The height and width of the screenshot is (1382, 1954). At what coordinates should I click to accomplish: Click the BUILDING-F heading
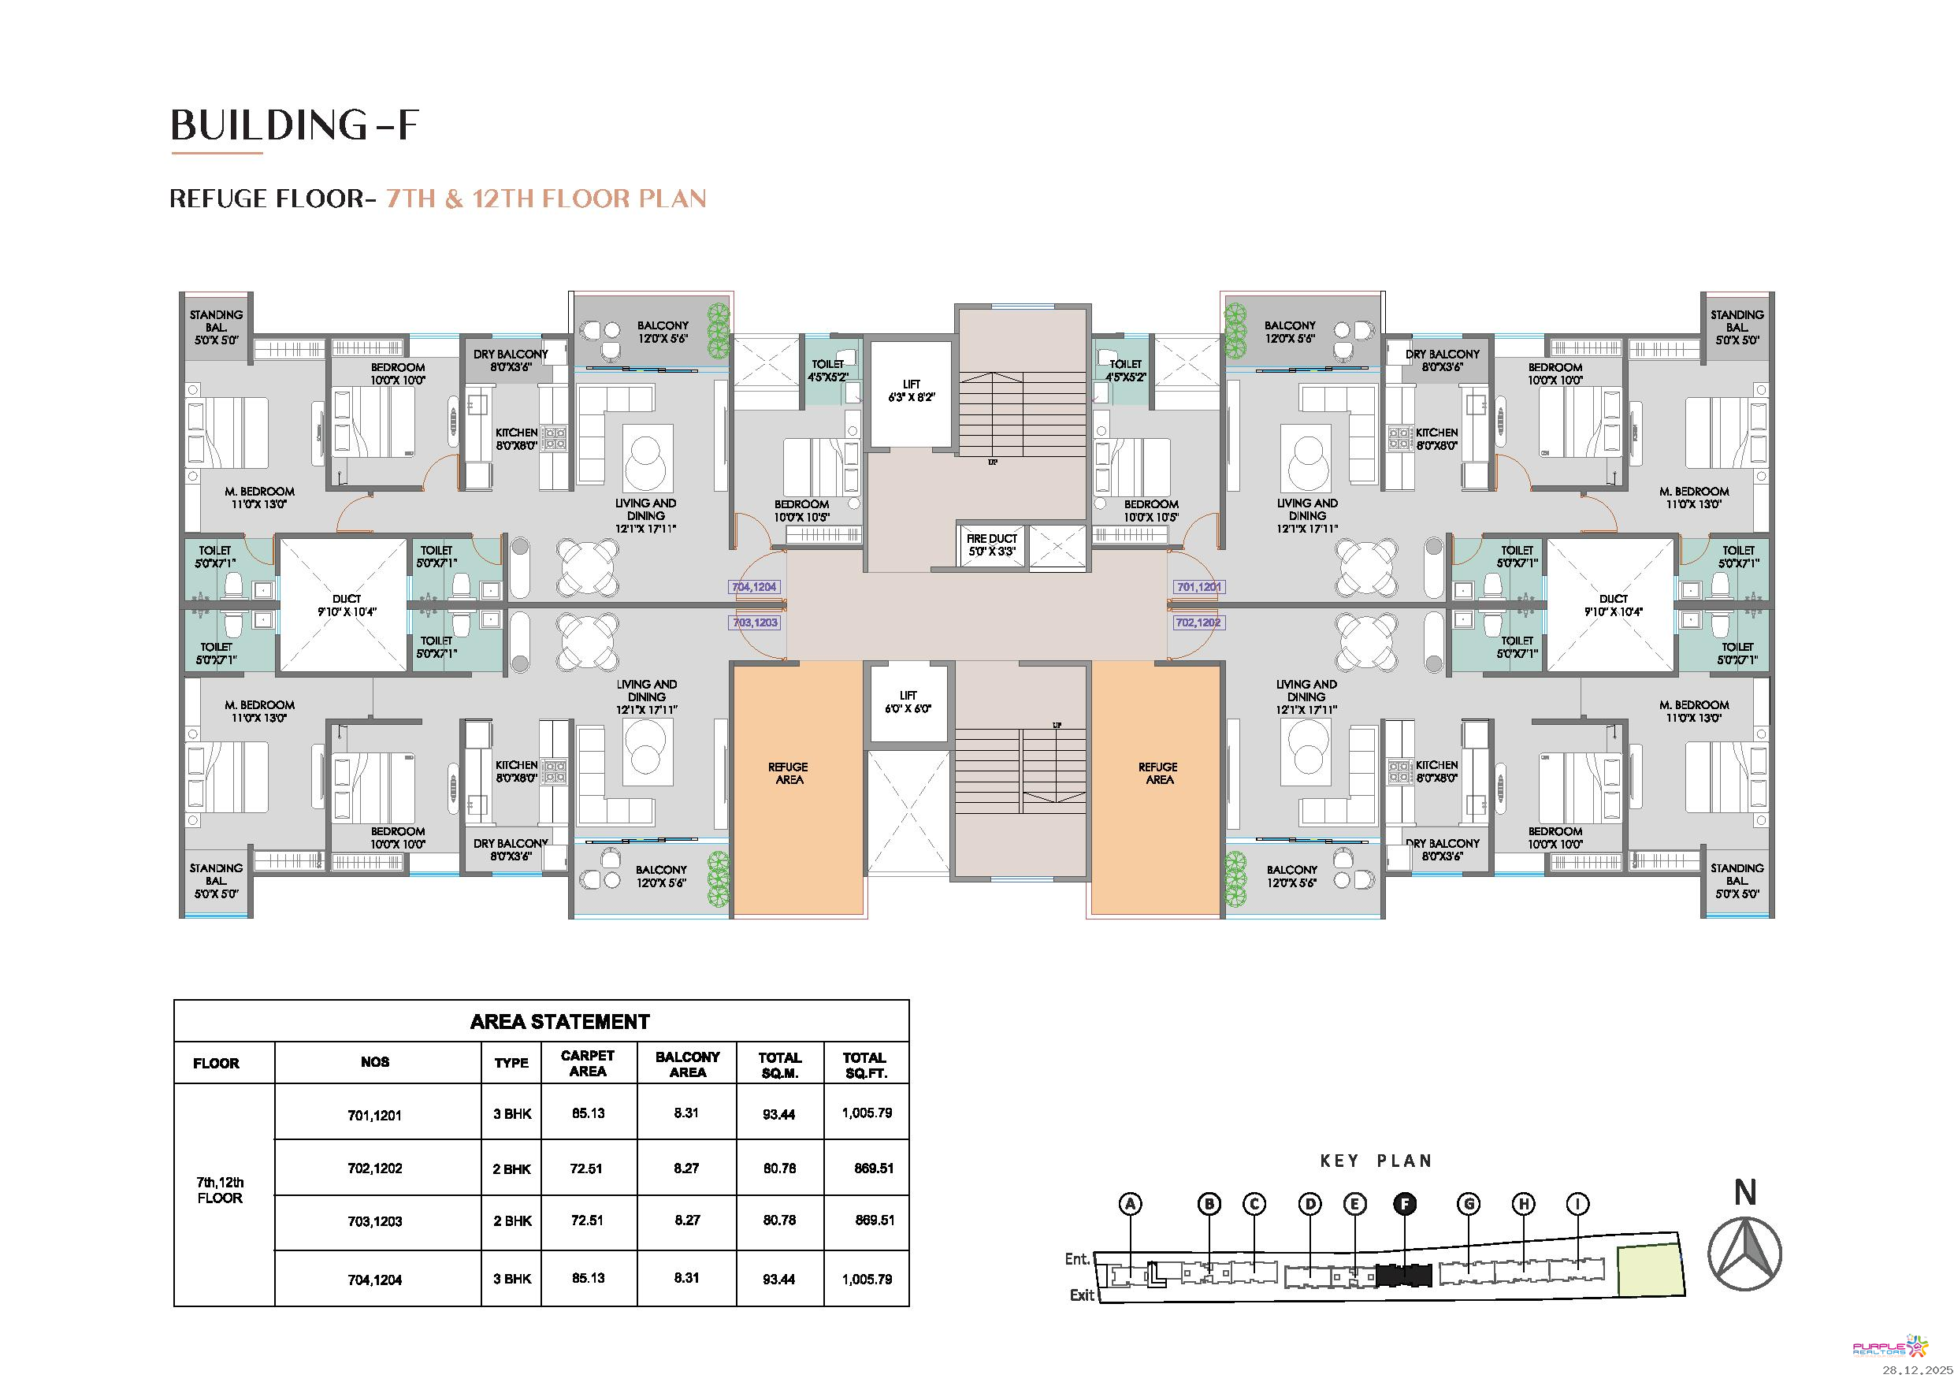295,125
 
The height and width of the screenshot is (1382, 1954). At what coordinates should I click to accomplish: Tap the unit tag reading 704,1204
753,587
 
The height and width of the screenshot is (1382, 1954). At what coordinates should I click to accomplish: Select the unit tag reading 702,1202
1198,623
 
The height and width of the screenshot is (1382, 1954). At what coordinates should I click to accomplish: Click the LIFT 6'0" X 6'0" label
908,702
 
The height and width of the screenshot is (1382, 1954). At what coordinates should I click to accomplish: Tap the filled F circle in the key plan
1405,1204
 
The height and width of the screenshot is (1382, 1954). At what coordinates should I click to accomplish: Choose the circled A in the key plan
1130,1204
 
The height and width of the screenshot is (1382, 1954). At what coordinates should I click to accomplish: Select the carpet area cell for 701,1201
588,1113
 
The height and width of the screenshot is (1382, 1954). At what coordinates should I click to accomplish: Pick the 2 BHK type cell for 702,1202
511,1169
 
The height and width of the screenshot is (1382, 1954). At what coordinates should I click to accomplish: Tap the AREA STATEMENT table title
560,1022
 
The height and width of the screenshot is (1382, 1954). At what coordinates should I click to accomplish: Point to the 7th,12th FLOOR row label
220,1191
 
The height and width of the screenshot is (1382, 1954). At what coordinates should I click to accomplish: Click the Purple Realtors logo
1889,1347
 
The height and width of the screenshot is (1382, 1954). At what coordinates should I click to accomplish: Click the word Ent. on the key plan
1077,1258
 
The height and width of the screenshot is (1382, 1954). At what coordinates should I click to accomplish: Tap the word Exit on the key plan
1082,1295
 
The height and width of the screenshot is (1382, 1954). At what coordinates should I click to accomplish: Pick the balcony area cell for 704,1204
686,1278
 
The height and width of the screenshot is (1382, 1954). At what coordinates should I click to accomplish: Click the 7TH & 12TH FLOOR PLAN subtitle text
546,199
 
